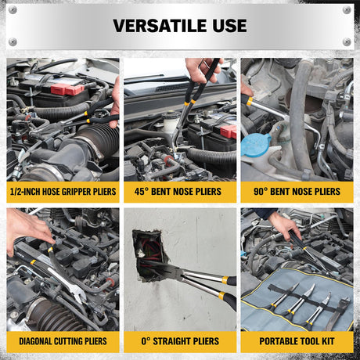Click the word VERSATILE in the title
[160, 26]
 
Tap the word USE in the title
[229, 26]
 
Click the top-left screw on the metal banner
[13, 10]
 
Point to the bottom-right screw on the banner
[347, 41]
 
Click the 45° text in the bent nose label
[141, 192]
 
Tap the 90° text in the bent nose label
[261, 192]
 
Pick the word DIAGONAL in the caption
[35, 341]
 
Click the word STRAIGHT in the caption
[169, 341]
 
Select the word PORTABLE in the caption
[276, 341]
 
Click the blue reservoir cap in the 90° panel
[256, 146]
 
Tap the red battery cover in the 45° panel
[228, 131]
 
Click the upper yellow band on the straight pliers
[225, 279]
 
